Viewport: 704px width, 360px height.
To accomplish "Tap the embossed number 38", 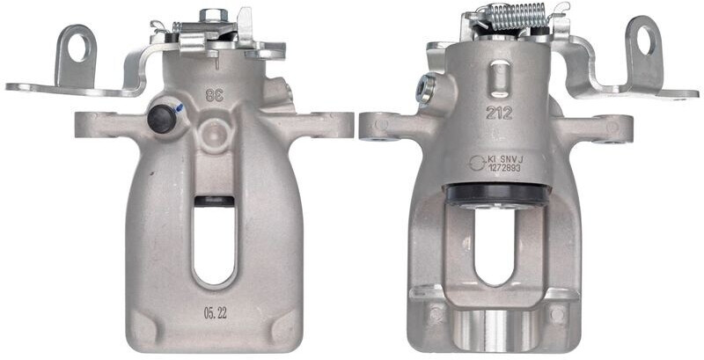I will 214,92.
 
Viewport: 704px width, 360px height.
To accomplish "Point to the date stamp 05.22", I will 214,311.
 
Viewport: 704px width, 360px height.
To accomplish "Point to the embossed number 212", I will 497,112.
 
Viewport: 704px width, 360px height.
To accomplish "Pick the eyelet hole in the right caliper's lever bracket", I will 645,40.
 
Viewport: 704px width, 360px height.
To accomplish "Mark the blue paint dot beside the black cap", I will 180,108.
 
